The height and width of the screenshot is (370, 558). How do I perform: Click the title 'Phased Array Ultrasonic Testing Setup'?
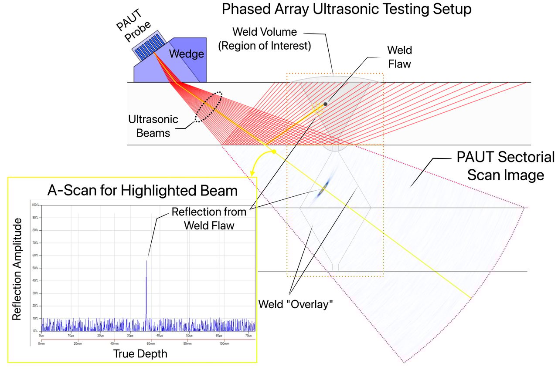point(346,9)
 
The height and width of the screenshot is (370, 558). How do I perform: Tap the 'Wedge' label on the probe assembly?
point(186,54)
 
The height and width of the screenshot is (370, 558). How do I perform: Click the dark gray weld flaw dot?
point(325,104)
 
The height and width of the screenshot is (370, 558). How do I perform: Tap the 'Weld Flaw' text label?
point(400,57)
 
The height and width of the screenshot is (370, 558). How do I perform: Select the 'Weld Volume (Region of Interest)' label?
point(265,38)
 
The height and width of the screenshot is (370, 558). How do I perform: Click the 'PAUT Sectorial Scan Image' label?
point(505,166)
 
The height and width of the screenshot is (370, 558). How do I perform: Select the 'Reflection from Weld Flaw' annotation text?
point(209,219)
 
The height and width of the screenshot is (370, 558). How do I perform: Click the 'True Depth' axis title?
point(140,353)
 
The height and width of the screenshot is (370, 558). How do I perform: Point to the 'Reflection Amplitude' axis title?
point(17,269)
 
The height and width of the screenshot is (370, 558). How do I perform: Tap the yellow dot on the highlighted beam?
point(274,152)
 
